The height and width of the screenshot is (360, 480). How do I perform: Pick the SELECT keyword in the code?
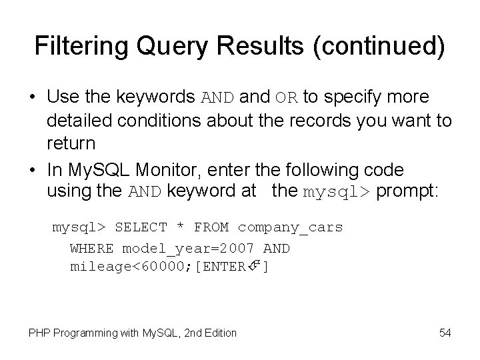pos(141,227)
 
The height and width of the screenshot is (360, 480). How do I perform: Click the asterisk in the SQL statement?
pos(181,227)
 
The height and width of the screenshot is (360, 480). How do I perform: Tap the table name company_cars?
pos(290,227)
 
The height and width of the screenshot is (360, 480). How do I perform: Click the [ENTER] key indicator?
pos(231,267)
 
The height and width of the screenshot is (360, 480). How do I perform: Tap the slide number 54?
pos(445,331)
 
